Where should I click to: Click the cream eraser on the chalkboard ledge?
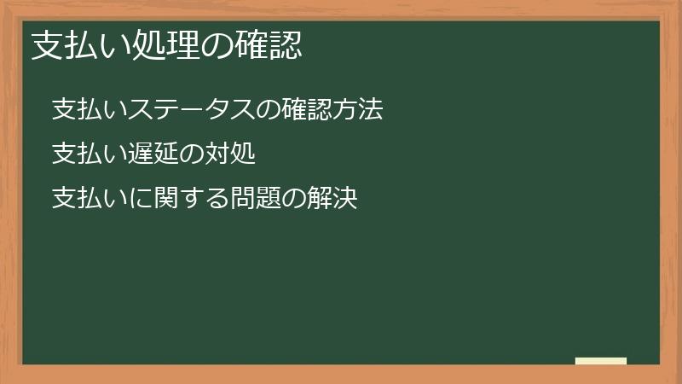(600, 361)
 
